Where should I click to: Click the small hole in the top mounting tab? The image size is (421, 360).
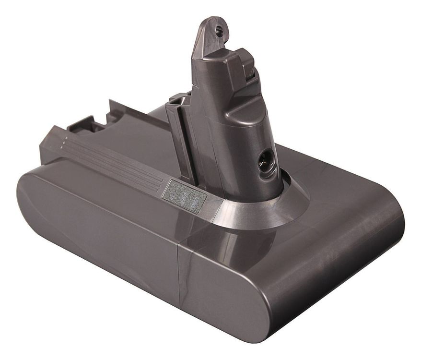[x=219, y=30]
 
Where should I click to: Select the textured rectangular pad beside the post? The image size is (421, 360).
[x=184, y=196]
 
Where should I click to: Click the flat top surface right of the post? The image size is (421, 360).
[x=336, y=187]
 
